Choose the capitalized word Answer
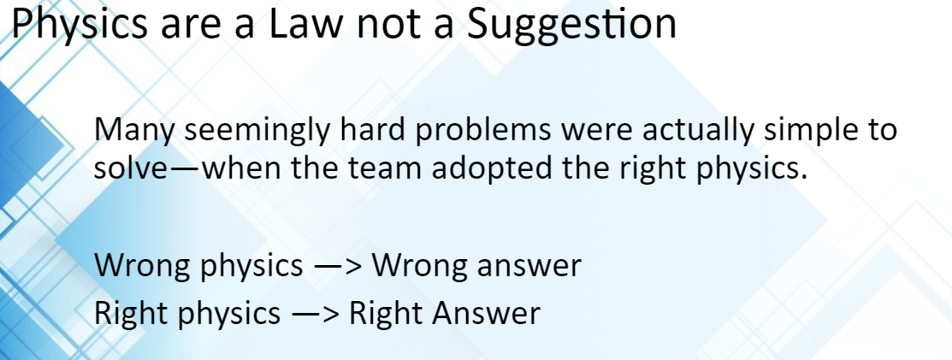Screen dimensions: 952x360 [x=490, y=313]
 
